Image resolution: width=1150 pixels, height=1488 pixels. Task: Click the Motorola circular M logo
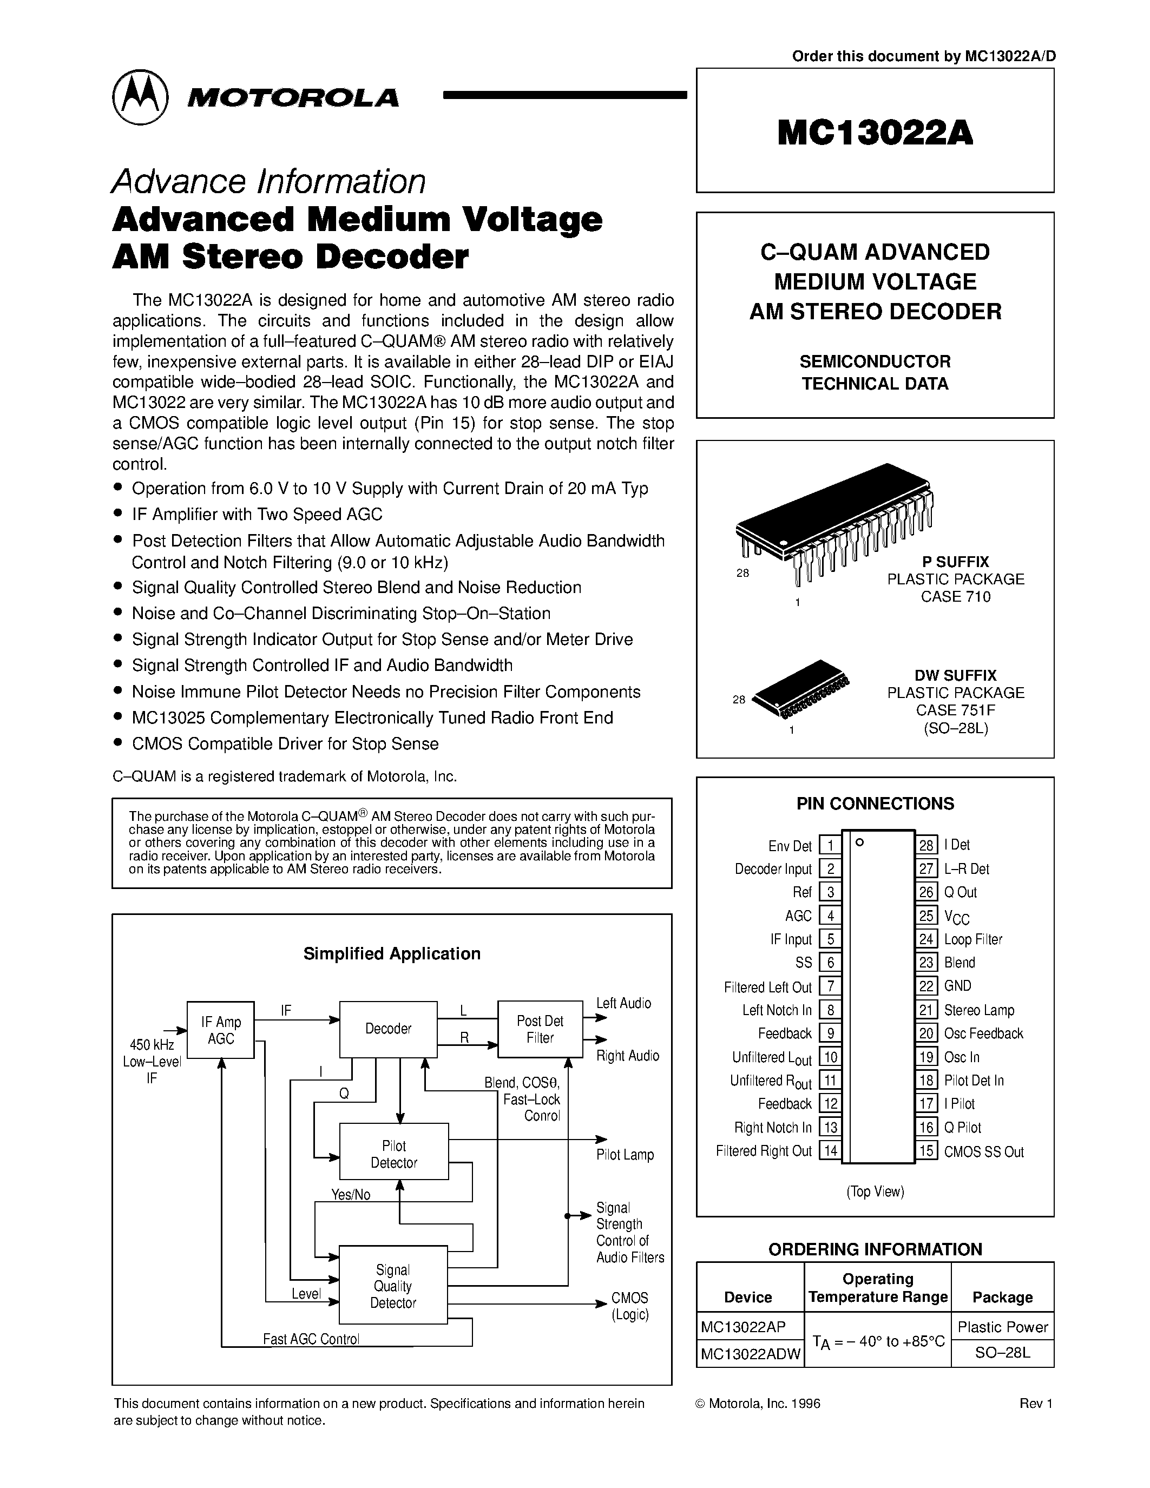click(140, 97)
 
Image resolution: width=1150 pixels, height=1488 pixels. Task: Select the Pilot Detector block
click(394, 1154)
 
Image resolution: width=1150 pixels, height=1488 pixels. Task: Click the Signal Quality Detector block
click(393, 1286)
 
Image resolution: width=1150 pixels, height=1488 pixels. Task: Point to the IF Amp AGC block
click(221, 1030)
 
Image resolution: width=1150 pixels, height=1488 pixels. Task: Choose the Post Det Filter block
click(540, 1029)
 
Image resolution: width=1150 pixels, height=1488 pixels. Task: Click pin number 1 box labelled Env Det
click(830, 846)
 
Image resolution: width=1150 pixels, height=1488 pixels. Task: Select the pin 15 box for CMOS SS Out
click(926, 1151)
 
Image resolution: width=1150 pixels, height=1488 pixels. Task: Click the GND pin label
click(958, 986)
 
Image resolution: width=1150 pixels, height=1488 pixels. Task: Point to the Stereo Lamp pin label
click(979, 1010)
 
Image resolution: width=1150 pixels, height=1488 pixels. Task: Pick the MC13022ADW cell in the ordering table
click(750, 1353)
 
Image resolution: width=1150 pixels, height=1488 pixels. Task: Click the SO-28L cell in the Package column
click(1002, 1353)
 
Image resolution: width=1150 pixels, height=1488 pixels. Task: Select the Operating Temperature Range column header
click(877, 1287)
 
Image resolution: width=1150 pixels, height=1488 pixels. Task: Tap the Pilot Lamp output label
click(625, 1155)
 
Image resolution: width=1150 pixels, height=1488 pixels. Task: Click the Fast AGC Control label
click(311, 1339)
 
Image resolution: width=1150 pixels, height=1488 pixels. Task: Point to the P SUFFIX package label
click(955, 562)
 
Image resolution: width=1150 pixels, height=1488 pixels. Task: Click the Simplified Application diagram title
click(392, 954)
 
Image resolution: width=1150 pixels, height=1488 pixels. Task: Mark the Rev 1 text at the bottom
click(1036, 1404)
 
